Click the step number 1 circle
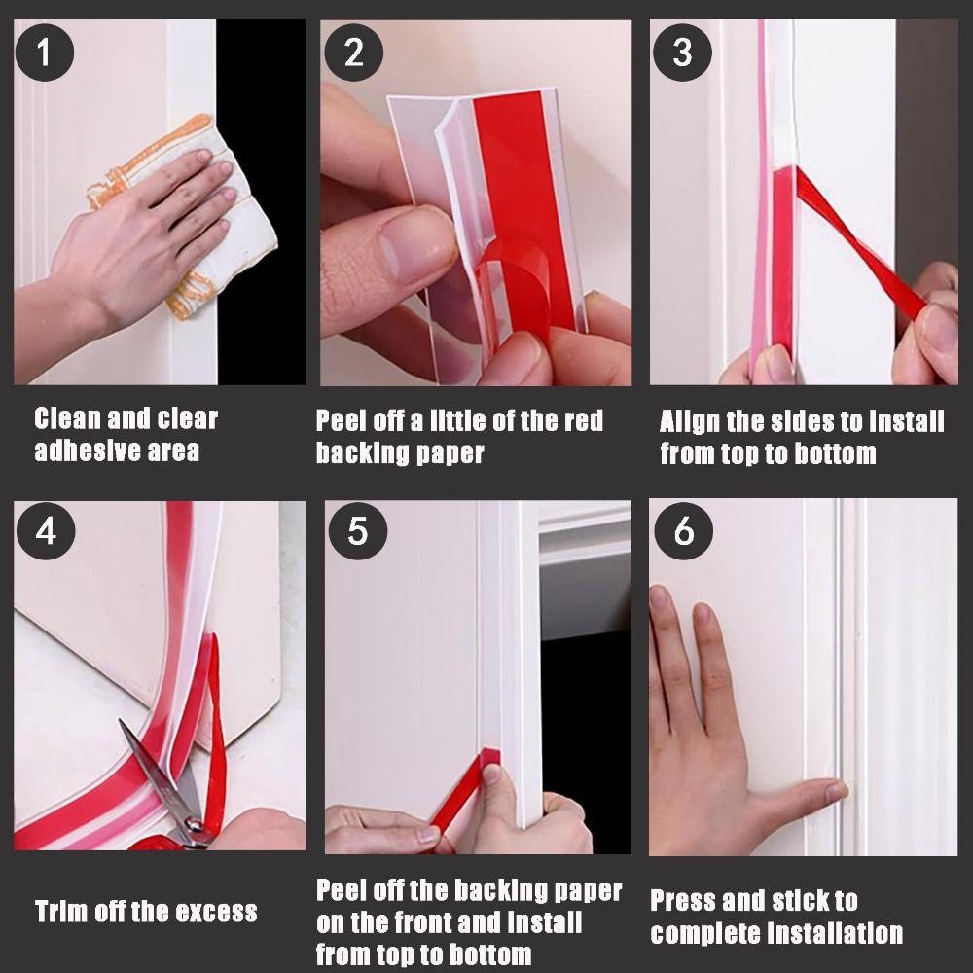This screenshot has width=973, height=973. pos(43,52)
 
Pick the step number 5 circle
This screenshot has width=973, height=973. pos(357,532)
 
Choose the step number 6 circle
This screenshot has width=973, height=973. pos(683,532)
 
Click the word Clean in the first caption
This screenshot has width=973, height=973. pos(67,419)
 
